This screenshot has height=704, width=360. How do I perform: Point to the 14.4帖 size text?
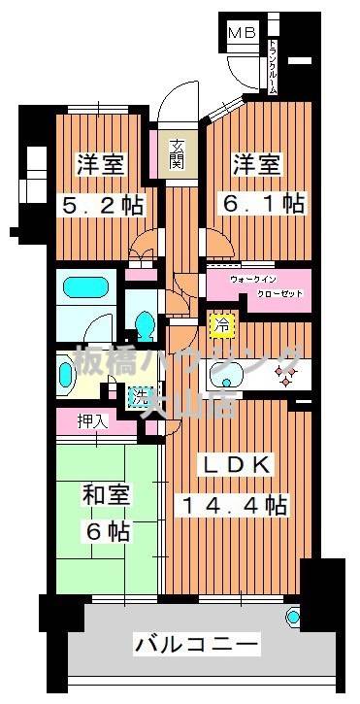click(233, 506)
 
